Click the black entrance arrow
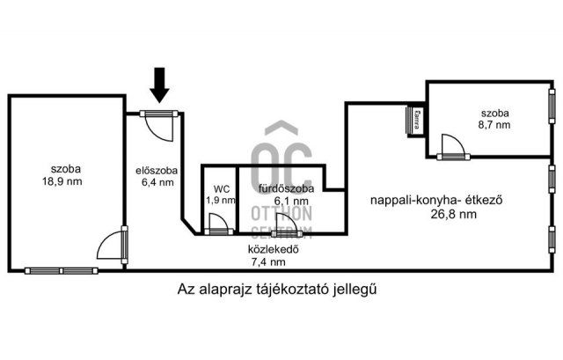(159, 85)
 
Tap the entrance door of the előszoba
(159, 125)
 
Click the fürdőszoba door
(287, 226)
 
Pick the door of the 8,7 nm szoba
(453, 148)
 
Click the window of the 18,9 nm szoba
(62, 271)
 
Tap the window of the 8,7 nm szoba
(552, 106)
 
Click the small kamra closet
(415, 121)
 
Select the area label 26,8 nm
(454, 214)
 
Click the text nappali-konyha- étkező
(436, 200)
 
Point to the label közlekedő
(274, 249)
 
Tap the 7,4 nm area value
(268, 262)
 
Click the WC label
(221, 189)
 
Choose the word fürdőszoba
(286, 188)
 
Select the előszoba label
(157, 170)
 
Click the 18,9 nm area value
(62, 181)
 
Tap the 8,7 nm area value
(494, 125)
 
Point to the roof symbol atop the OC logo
(281, 128)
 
